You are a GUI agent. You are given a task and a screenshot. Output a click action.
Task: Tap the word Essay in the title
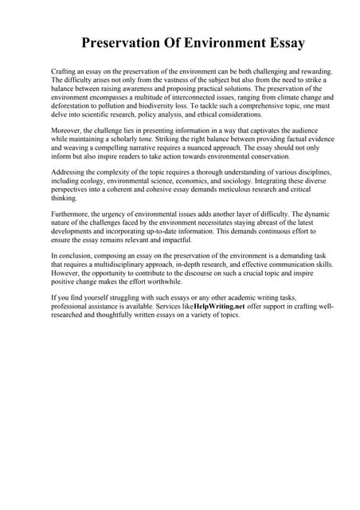(280, 43)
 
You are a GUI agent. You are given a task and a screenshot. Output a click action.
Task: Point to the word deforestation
(72, 106)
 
